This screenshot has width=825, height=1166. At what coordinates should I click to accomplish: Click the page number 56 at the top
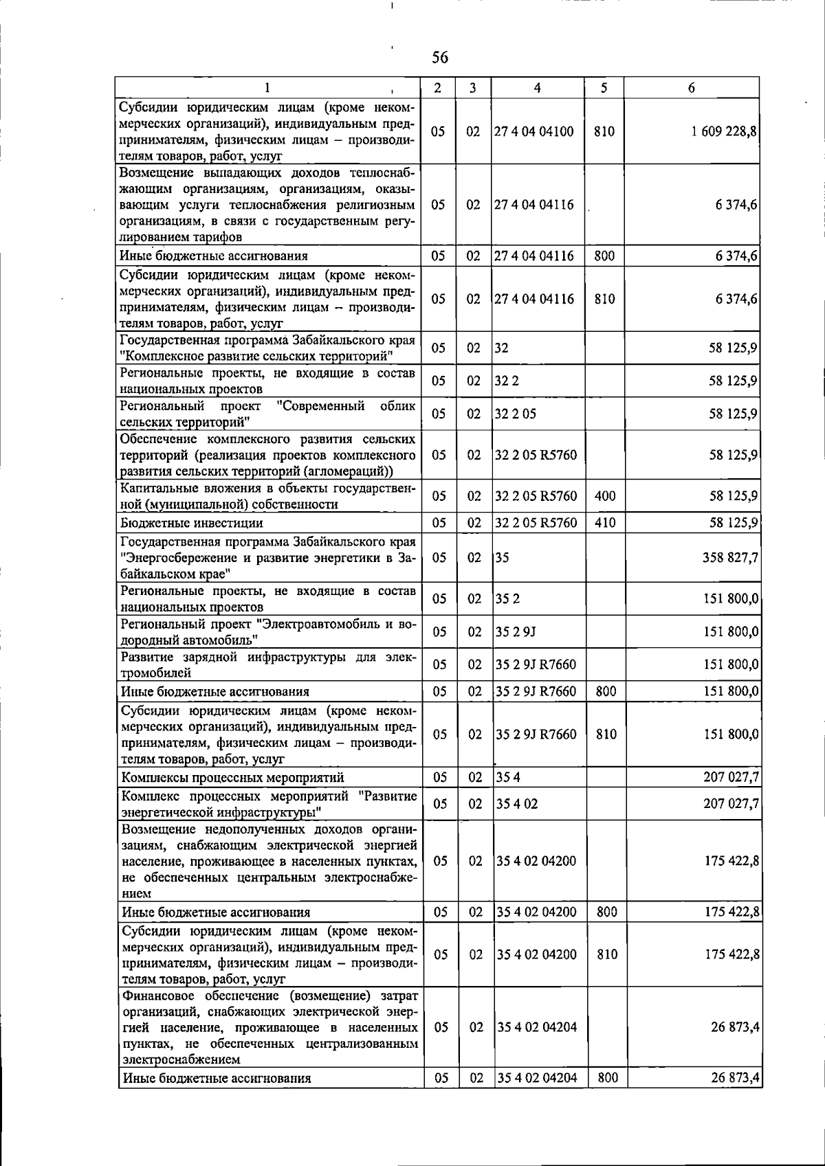point(440,58)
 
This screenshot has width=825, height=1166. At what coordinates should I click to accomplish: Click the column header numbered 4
point(537,88)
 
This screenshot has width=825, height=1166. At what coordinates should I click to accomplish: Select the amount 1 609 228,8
point(725,131)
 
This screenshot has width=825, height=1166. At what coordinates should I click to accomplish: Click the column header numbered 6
point(692,88)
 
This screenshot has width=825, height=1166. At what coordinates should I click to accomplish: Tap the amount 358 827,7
point(730,557)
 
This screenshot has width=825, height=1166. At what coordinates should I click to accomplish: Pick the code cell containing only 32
point(502,348)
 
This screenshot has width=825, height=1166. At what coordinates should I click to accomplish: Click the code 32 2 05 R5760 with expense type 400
point(536,496)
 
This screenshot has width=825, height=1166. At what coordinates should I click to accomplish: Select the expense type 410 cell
point(605,523)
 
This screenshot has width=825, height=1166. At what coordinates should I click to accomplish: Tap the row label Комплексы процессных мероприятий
point(232,777)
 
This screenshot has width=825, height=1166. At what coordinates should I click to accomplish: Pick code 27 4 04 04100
point(534,131)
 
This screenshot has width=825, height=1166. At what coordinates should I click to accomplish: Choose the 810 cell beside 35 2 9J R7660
point(606,735)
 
